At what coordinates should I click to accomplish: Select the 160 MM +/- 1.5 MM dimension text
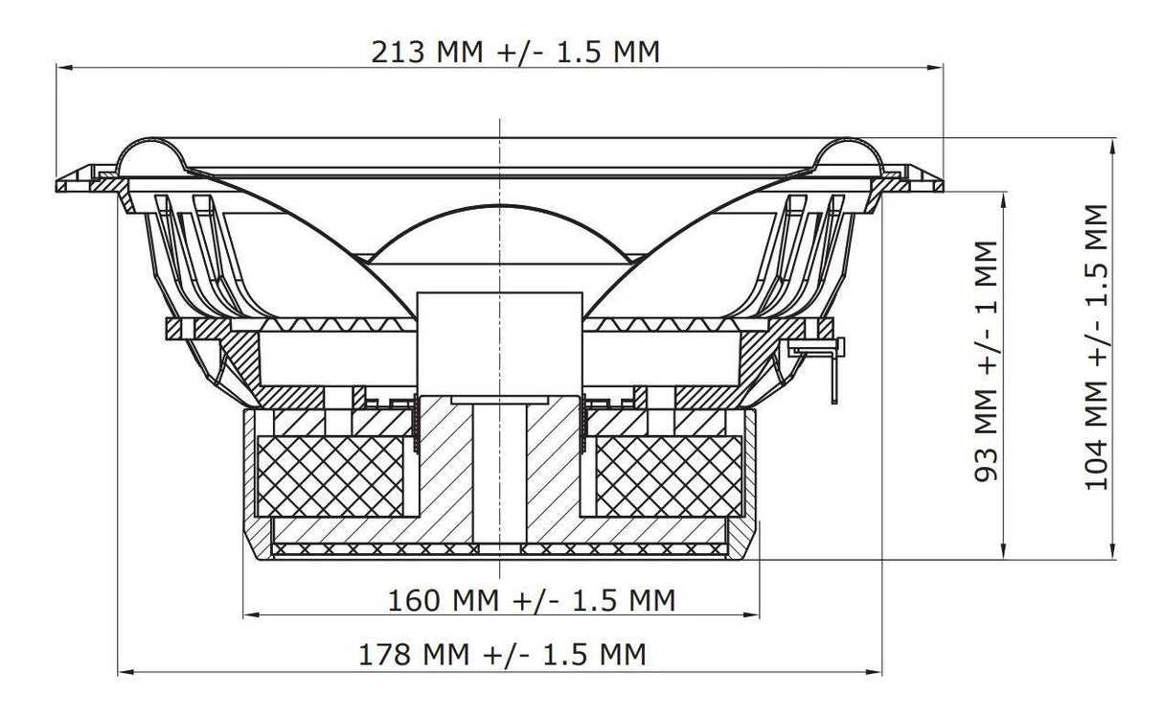(x=532, y=600)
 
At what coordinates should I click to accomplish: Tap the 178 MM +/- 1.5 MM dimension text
(x=502, y=656)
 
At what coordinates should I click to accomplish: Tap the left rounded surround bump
(x=153, y=153)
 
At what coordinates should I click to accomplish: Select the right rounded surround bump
(x=848, y=153)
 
